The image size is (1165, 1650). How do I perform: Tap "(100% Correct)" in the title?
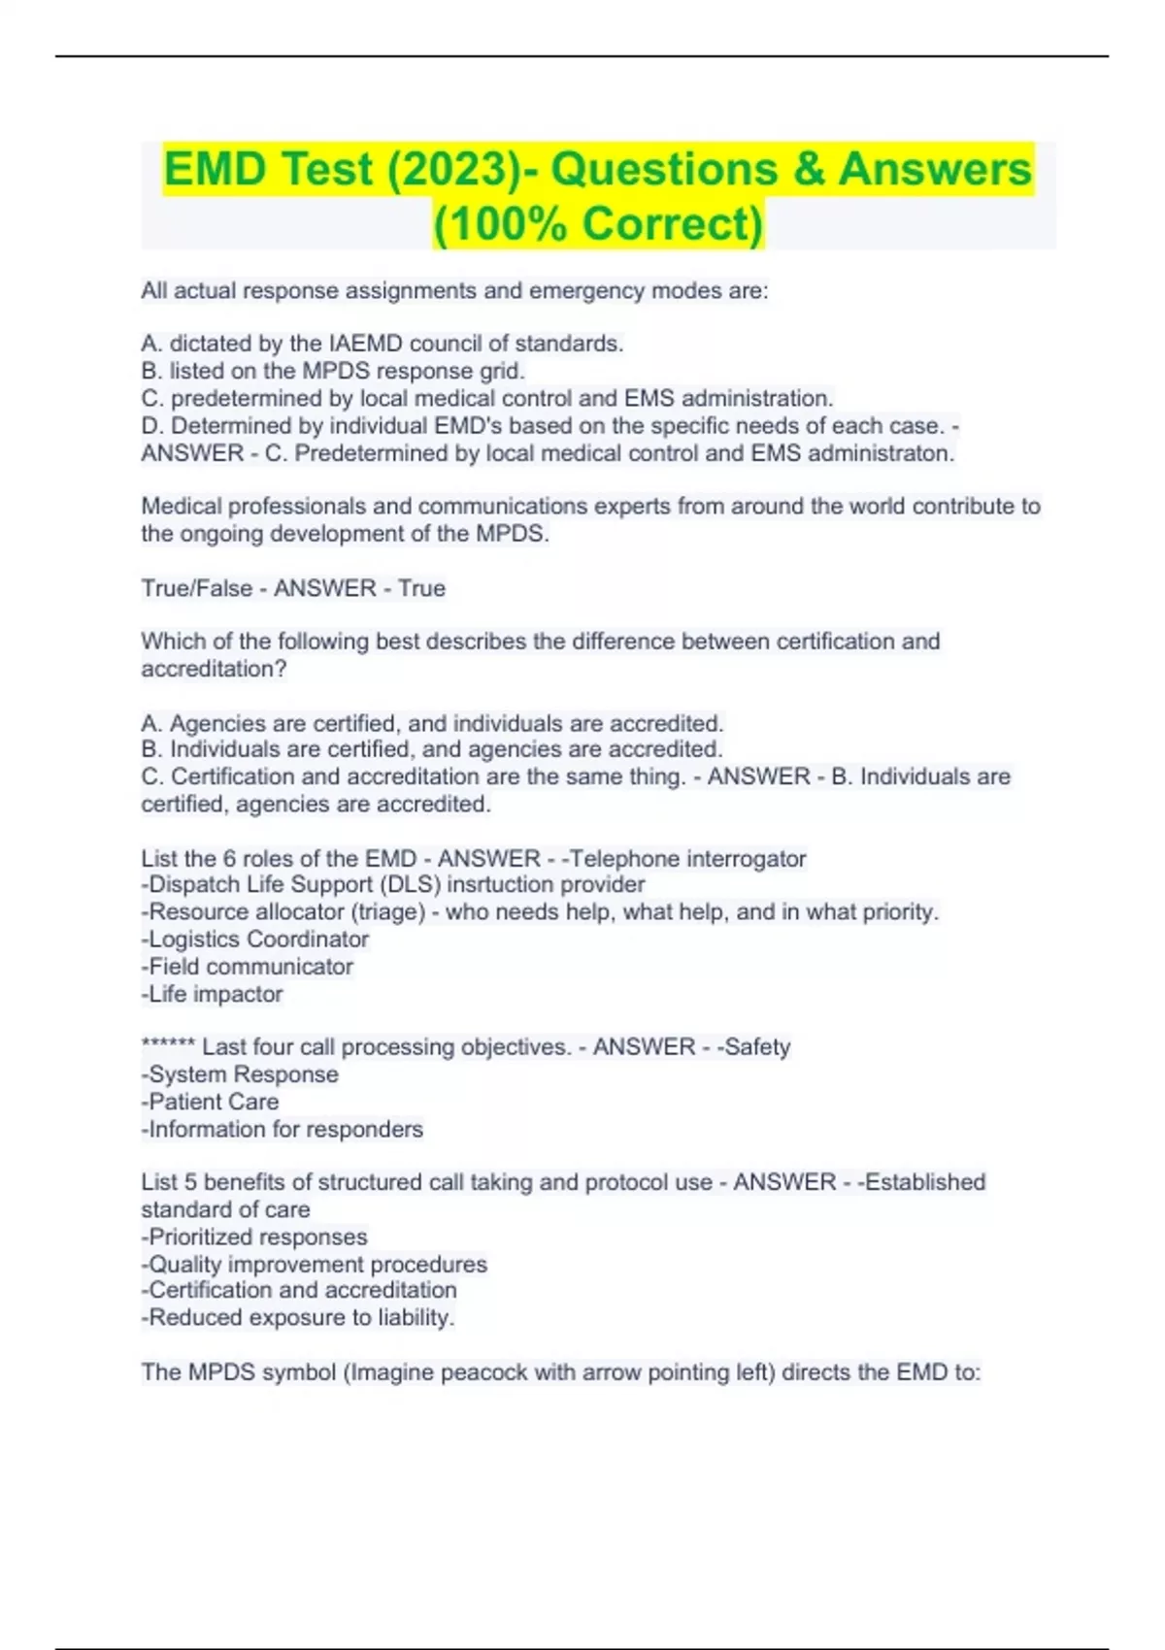coord(598,223)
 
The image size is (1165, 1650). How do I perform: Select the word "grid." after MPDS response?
coord(502,371)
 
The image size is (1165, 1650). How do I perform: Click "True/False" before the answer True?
coord(196,588)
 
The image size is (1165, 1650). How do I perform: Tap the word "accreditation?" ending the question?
coord(214,669)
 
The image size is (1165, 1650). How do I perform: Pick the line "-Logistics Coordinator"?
coord(255,940)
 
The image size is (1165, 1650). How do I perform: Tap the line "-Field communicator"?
coord(248,967)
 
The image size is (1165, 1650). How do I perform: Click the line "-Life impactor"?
coord(213,994)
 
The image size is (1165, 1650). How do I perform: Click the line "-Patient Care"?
coord(210,1102)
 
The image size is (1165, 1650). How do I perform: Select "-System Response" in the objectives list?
coord(240,1074)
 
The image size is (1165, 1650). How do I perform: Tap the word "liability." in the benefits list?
coord(416,1318)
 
